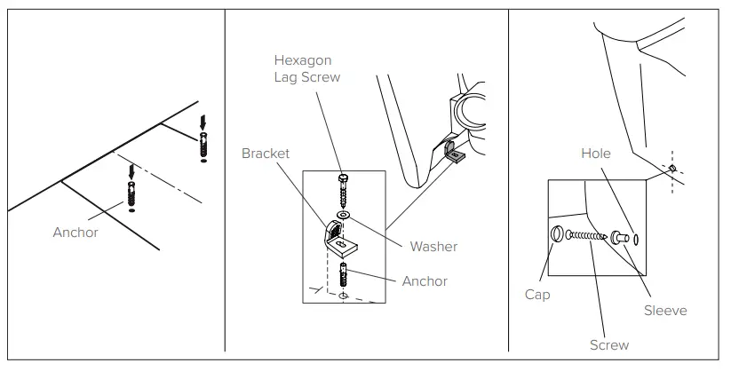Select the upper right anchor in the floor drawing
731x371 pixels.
[x=205, y=143]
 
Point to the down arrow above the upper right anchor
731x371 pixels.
[x=205, y=121]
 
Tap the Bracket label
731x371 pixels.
[x=266, y=153]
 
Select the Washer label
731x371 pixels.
[x=433, y=247]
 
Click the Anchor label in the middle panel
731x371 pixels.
[x=425, y=281]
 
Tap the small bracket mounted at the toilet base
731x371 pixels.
[x=452, y=154]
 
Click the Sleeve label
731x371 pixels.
[x=665, y=311]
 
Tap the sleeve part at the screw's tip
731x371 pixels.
[x=619, y=237]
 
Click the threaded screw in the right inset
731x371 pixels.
[x=586, y=235]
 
